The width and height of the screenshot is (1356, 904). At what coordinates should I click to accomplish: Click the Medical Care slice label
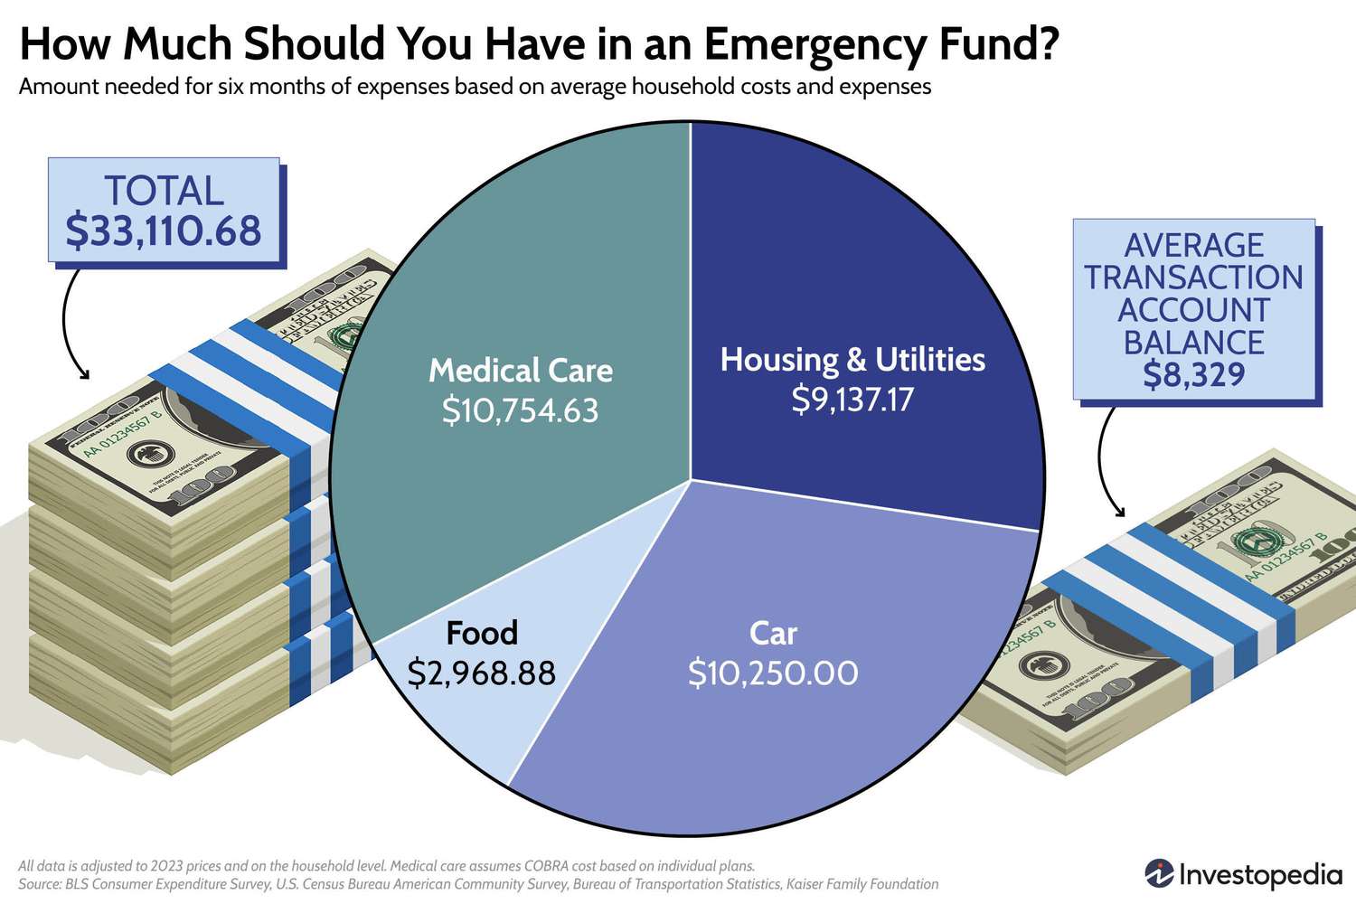521,371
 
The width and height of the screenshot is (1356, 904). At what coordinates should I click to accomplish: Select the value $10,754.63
521,411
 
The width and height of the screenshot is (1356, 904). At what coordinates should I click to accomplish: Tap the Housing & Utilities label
852,360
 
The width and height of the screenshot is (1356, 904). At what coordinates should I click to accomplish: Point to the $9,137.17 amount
852,399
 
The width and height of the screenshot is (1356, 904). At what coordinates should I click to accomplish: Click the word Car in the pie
773,634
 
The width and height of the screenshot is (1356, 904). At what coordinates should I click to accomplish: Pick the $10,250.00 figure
773,673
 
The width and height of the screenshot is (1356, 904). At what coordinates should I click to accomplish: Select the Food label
482,633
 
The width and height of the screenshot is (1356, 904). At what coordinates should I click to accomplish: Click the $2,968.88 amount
482,673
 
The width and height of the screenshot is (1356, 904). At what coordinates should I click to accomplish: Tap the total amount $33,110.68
164,231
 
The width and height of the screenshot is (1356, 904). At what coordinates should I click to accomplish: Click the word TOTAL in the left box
164,192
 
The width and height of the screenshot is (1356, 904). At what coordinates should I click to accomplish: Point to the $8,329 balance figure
1193,374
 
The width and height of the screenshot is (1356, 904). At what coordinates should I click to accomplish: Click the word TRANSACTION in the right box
1193,278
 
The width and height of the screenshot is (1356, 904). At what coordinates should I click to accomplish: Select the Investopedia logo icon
1159,873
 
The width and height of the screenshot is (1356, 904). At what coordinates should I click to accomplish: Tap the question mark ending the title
1048,43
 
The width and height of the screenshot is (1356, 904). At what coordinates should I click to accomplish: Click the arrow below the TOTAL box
71,325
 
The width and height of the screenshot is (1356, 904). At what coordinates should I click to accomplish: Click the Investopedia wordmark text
1260,875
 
